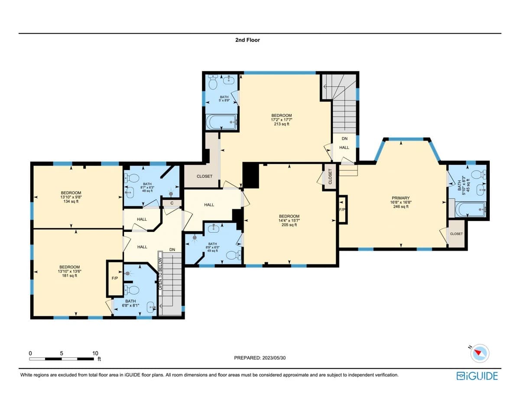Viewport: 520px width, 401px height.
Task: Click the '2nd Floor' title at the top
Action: (x=247, y=40)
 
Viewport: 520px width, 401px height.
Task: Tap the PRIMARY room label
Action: (x=400, y=198)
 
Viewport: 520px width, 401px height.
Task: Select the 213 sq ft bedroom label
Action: (x=282, y=115)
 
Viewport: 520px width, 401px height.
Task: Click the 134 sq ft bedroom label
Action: (x=71, y=193)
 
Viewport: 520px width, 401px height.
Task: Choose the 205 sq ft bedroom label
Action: (x=289, y=216)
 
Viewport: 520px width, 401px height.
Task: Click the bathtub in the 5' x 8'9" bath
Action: (x=221, y=122)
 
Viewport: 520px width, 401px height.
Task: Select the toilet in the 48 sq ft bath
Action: (x=132, y=177)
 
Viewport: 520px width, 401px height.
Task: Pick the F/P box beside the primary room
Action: (x=342, y=209)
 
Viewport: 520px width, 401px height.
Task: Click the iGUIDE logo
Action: (x=478, y=375)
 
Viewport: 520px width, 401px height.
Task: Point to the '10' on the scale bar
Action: (x=95, y=353)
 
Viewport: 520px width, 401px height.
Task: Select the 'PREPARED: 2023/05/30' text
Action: (x=260, y=358)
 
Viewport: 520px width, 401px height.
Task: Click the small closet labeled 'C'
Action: (x=172, y=202)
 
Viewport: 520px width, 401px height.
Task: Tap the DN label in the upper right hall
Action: (x=344, y=139)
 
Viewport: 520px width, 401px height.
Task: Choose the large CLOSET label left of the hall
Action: (x=205, y=176)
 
